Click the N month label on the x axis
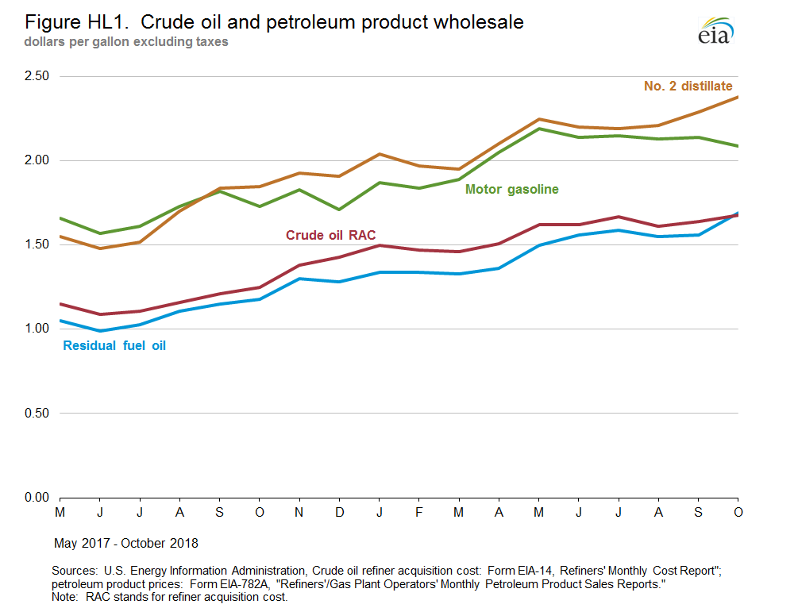299,514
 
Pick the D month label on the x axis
339,514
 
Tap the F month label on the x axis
418,514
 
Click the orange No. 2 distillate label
688,86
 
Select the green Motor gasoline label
512,190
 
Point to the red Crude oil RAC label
331,235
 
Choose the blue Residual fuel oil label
114,346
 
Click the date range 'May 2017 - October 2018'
125,544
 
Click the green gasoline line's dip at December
339,210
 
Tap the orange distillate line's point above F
418,166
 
